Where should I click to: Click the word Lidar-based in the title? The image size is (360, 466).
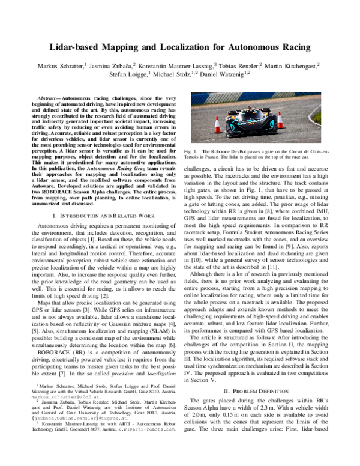pos(82,46)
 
